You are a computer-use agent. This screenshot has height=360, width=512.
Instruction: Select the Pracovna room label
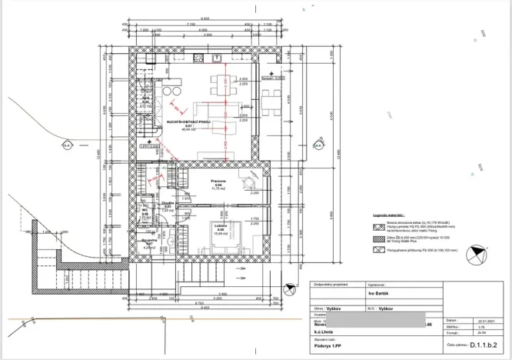tap(218, 182)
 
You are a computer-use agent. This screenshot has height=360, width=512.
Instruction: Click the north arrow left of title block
tap(290, 289)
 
